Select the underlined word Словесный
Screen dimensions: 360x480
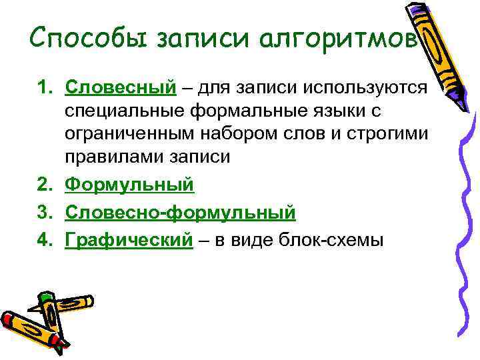click(121, 87)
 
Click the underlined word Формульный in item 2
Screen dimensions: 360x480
click(129, 184)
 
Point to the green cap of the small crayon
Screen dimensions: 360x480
click(45, 300)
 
